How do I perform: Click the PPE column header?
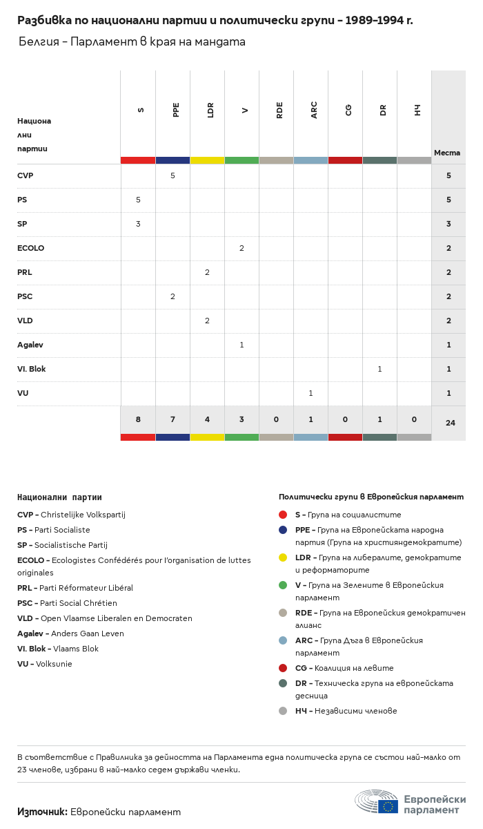click(176, 110)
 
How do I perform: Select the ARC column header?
click(314, 110)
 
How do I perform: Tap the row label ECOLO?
click(30, 248)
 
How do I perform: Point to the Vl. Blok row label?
click(32, 369)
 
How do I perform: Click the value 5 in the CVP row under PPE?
click(172, 175)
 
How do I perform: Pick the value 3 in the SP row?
click(138, 224)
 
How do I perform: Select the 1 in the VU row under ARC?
click(310, 393)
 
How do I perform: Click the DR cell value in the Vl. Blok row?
click(379, 369)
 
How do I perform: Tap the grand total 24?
click(450, 423)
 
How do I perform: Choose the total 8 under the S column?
click(138, 419)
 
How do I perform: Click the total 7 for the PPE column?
click(172, 419)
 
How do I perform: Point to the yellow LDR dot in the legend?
click(283, 558)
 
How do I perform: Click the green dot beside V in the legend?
click(283, 585)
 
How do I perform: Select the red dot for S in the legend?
click(283, 515)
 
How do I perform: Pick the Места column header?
click(447, 153)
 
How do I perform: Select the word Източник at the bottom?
click(42, 812)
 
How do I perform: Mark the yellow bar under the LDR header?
click(207, 160)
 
